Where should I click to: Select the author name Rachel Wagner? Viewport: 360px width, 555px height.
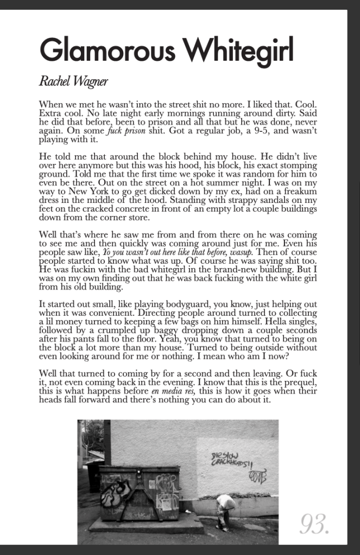point(73,82)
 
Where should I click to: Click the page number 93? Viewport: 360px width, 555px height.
point(315,524)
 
